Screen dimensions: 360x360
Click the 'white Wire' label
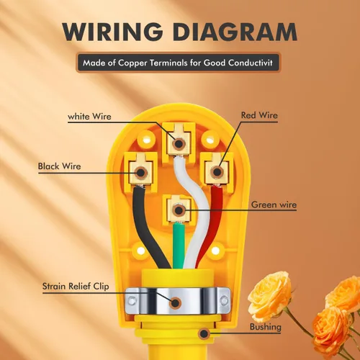(89, 117)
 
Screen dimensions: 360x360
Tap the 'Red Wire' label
(259, 115)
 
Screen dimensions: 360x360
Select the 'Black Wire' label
(59, 166)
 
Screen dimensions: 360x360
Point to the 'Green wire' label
(274, 204)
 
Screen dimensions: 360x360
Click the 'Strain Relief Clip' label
(76, 286)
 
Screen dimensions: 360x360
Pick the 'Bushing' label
(265, 327)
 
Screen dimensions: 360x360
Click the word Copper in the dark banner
(132, 63)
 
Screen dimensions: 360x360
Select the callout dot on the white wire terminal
(179, 144)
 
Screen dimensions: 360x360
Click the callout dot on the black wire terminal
(141, 173)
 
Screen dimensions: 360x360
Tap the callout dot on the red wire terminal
(217, 172)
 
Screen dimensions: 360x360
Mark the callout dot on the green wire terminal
(179, 210)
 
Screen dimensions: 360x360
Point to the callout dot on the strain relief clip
(175, 303)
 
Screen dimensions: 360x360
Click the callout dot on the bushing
(204, 333)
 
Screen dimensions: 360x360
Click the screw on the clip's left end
(131, 301)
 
